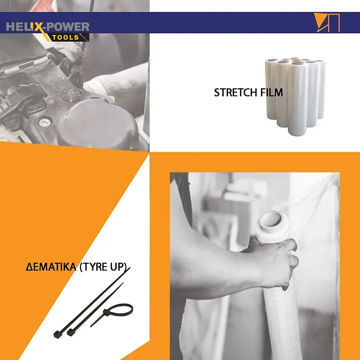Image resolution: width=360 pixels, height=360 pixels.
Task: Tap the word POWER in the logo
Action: (68, 27)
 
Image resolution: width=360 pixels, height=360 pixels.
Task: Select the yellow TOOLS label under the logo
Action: (65, 38)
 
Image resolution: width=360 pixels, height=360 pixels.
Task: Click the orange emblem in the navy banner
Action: (327, 22)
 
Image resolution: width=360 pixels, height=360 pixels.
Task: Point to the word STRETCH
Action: (236, 92)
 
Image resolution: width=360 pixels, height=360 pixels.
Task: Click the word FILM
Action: (272, 92)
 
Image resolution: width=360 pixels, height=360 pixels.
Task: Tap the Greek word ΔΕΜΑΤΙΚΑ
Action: (51, 267)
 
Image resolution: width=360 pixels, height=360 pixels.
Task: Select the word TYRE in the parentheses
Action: (94, 267)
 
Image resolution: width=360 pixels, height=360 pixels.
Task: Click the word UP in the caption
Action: (118, 267)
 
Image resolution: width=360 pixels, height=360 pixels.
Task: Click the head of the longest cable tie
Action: (57, 334)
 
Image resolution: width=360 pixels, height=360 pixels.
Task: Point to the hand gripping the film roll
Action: (276, 259)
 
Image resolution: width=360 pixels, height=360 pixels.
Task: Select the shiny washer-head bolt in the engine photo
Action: (45, 121)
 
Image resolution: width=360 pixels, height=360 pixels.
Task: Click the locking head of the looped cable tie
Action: (106, 312)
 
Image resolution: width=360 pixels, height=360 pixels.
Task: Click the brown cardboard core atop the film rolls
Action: (298, 62)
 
